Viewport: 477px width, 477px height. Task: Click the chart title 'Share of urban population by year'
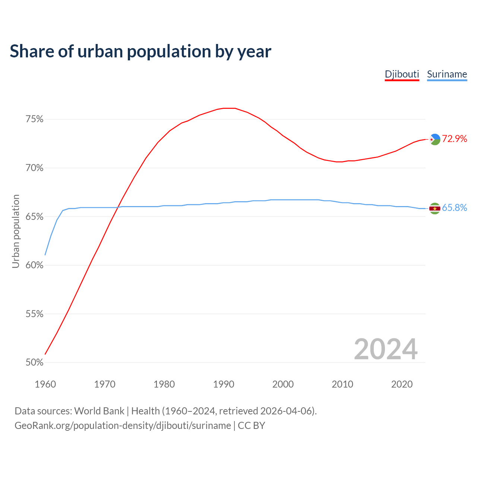[x=140, y=51]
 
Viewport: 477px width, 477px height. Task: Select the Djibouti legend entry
[x=402, y=74]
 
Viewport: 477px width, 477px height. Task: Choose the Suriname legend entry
[x=447, y=74]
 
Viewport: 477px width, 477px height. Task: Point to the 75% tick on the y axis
[x=34, y=119]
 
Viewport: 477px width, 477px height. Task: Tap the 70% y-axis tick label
[x=34, y=168]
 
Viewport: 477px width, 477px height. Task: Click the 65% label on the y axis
[x=34, y=217]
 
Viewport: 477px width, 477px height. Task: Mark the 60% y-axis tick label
[x=34, y=265]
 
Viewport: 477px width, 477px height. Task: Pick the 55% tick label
[x=34, y=314]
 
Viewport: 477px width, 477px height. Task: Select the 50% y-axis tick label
[x=34, y=363]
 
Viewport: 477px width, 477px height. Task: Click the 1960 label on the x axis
[x=45, y=384]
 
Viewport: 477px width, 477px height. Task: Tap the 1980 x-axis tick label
[x=164, y=384]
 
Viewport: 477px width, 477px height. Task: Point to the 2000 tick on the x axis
[x=283, y=384]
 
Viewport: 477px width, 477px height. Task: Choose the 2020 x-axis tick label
[x=402, y=384]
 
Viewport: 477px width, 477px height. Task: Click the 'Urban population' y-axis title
[x=16, y=231]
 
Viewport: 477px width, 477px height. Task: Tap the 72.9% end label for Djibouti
[x=454, y=139]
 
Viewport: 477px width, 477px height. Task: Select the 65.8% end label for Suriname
[x=454, y=208]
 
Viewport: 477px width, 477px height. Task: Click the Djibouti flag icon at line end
[x=435, y=139]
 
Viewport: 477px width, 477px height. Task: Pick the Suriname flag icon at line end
[x=435, y=208]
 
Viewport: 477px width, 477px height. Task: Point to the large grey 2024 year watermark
[x=386, y=349]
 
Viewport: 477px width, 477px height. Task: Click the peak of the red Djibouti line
[x=229, y=108]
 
